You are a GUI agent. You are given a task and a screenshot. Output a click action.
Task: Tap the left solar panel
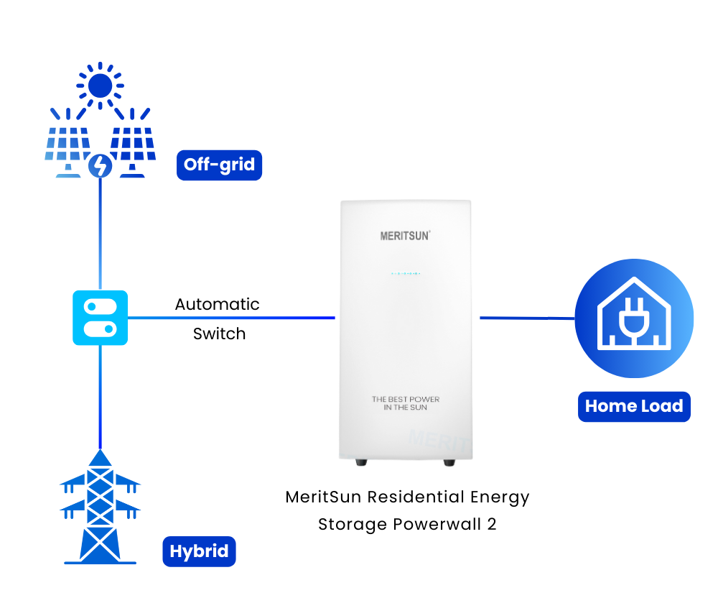[x=69, y=147]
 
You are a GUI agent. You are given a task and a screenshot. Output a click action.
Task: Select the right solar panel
[x=132, y=147]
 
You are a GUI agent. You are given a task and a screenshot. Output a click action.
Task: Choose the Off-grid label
[x=219, y=165]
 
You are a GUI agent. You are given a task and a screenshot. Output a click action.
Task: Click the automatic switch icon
[x=100, y=318]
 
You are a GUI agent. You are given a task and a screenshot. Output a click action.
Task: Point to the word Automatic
[x=217, y=304]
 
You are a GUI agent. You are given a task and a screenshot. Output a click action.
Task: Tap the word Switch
[x=219, y=334]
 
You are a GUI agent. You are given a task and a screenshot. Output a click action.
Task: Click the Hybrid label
[x=199, y=552]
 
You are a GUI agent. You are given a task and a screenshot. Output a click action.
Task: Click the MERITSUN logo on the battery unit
[x=405, y=235]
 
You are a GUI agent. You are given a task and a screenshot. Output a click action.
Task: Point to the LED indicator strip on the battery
[x=405, y=274]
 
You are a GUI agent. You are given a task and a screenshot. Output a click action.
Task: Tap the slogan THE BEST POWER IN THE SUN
[x=406, y=403]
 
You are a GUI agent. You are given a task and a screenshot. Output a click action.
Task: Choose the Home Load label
[x=633, y=406]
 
